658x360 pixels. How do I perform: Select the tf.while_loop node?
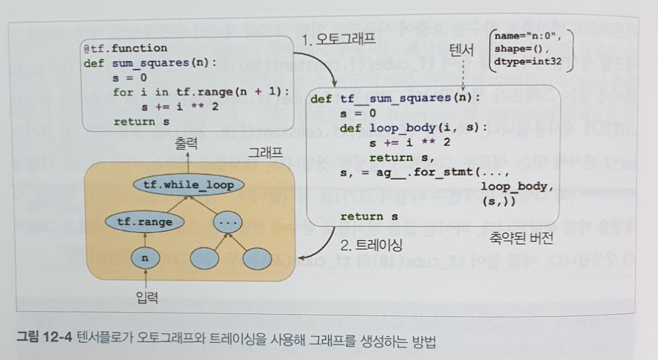[184, 184]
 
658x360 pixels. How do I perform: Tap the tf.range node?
[145, 222]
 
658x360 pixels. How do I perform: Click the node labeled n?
[145, 259]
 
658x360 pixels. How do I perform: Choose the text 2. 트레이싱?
[371, 244]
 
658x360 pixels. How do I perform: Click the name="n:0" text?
[527, 36]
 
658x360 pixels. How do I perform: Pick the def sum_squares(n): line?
[149, 63]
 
